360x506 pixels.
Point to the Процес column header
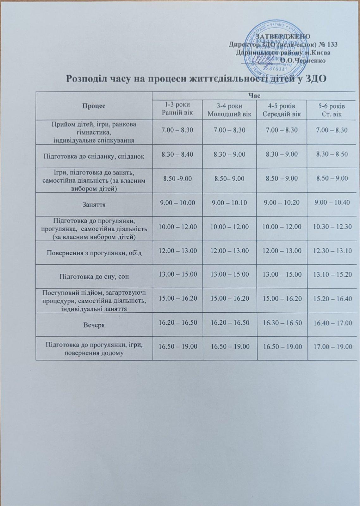pos(94,106)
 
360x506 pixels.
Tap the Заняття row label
pos(94,205)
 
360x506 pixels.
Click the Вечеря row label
pos(94,325)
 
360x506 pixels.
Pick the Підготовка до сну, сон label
pos(94,277)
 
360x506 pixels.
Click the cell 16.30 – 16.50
pos(282,322)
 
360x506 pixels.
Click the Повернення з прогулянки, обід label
pos(94,253)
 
